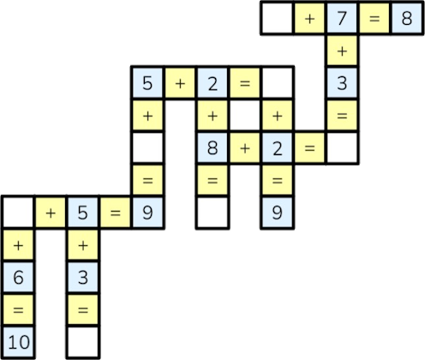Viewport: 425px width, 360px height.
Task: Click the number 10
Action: click(x=18, y=342)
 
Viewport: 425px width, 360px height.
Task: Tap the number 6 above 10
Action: click(x=18, y=278)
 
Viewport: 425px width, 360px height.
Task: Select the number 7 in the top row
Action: click(x=342, y=19)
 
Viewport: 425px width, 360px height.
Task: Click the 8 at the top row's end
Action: click(x=407, y=19)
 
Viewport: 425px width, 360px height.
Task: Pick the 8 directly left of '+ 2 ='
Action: click(x=212, y=148)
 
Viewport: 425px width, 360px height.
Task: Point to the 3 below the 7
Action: click(x=342, y=83)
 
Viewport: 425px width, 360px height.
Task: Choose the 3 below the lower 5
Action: click(x=83, y=278)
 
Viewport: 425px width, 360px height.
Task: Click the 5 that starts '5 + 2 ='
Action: click(x=147, y=83)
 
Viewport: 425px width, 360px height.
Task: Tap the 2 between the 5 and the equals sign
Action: click(x=212, y=83)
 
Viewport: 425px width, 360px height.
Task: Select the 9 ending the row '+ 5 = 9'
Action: click(x=147, y=213)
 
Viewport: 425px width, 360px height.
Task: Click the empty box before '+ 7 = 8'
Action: click(x=277, y=19)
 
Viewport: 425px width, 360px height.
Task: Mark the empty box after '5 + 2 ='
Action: click(x=277, y=83)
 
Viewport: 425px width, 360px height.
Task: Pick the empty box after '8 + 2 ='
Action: click(x=342, y=148)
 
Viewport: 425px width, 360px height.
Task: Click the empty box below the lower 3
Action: click(x=83, y=342)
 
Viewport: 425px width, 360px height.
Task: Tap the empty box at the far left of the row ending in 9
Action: click(x=18, y=213)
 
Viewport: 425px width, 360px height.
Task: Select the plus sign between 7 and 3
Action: click(x=342, y=51)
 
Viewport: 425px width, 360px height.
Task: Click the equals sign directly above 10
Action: click(x=18, y=310)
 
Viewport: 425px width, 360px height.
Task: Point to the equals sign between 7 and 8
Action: click(x=374, y=19)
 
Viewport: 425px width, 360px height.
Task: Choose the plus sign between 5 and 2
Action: click(x=180, y=84)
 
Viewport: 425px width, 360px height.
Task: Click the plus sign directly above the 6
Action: click(x=18, y=246)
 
